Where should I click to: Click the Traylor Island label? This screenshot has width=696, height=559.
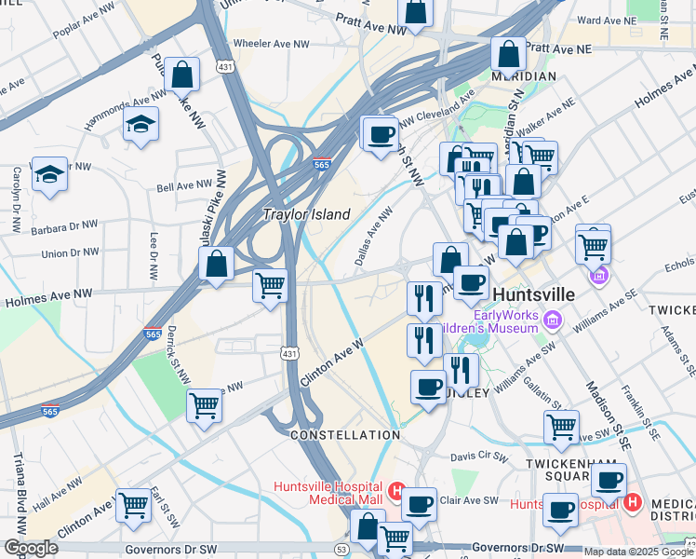[306, 214]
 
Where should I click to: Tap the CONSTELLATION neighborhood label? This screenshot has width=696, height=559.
[345, 435]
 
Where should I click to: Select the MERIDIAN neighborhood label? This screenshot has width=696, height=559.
[525, 76]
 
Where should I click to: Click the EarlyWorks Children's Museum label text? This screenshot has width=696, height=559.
[493, 320]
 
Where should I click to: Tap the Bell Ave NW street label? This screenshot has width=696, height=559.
[184, 186]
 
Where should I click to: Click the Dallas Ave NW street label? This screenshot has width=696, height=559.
[374, 237]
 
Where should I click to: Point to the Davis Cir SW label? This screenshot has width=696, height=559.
[479, 457]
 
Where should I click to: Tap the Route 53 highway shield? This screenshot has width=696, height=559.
[342, 551]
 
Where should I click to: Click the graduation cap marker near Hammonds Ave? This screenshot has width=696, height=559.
[141, 124]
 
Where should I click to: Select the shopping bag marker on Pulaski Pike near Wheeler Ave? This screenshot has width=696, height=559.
[182, 75]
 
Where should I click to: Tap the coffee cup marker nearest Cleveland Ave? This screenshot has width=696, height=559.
[379, 133]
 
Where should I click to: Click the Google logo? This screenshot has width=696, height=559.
[31, 548]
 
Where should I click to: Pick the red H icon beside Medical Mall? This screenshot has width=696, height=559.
[395, 489]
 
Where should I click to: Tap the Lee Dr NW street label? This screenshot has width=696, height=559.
[154, 252]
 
